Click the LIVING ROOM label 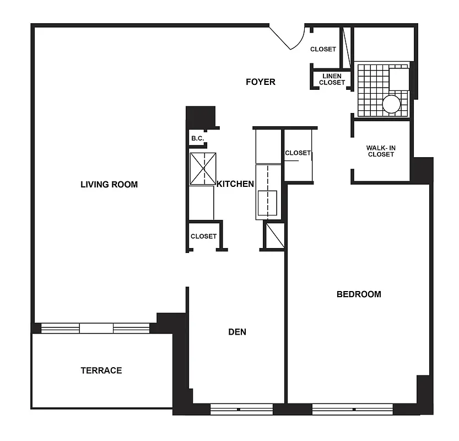(109, 184)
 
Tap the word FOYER (260, 82)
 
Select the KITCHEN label (235, 184)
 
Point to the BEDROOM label (359, 294)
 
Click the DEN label (237, 331)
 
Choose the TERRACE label (101, 370)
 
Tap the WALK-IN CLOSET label (381, 151)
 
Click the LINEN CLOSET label (332, 79)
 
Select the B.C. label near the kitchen (197, 138)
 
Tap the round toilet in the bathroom (391, 104)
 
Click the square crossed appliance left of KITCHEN (203, 169)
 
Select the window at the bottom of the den (241, 409)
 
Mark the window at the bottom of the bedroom (353, 409)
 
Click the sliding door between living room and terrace (96, 328)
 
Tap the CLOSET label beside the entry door (323, 49)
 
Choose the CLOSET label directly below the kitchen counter (203, 236)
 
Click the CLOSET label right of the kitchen (298, 153)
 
